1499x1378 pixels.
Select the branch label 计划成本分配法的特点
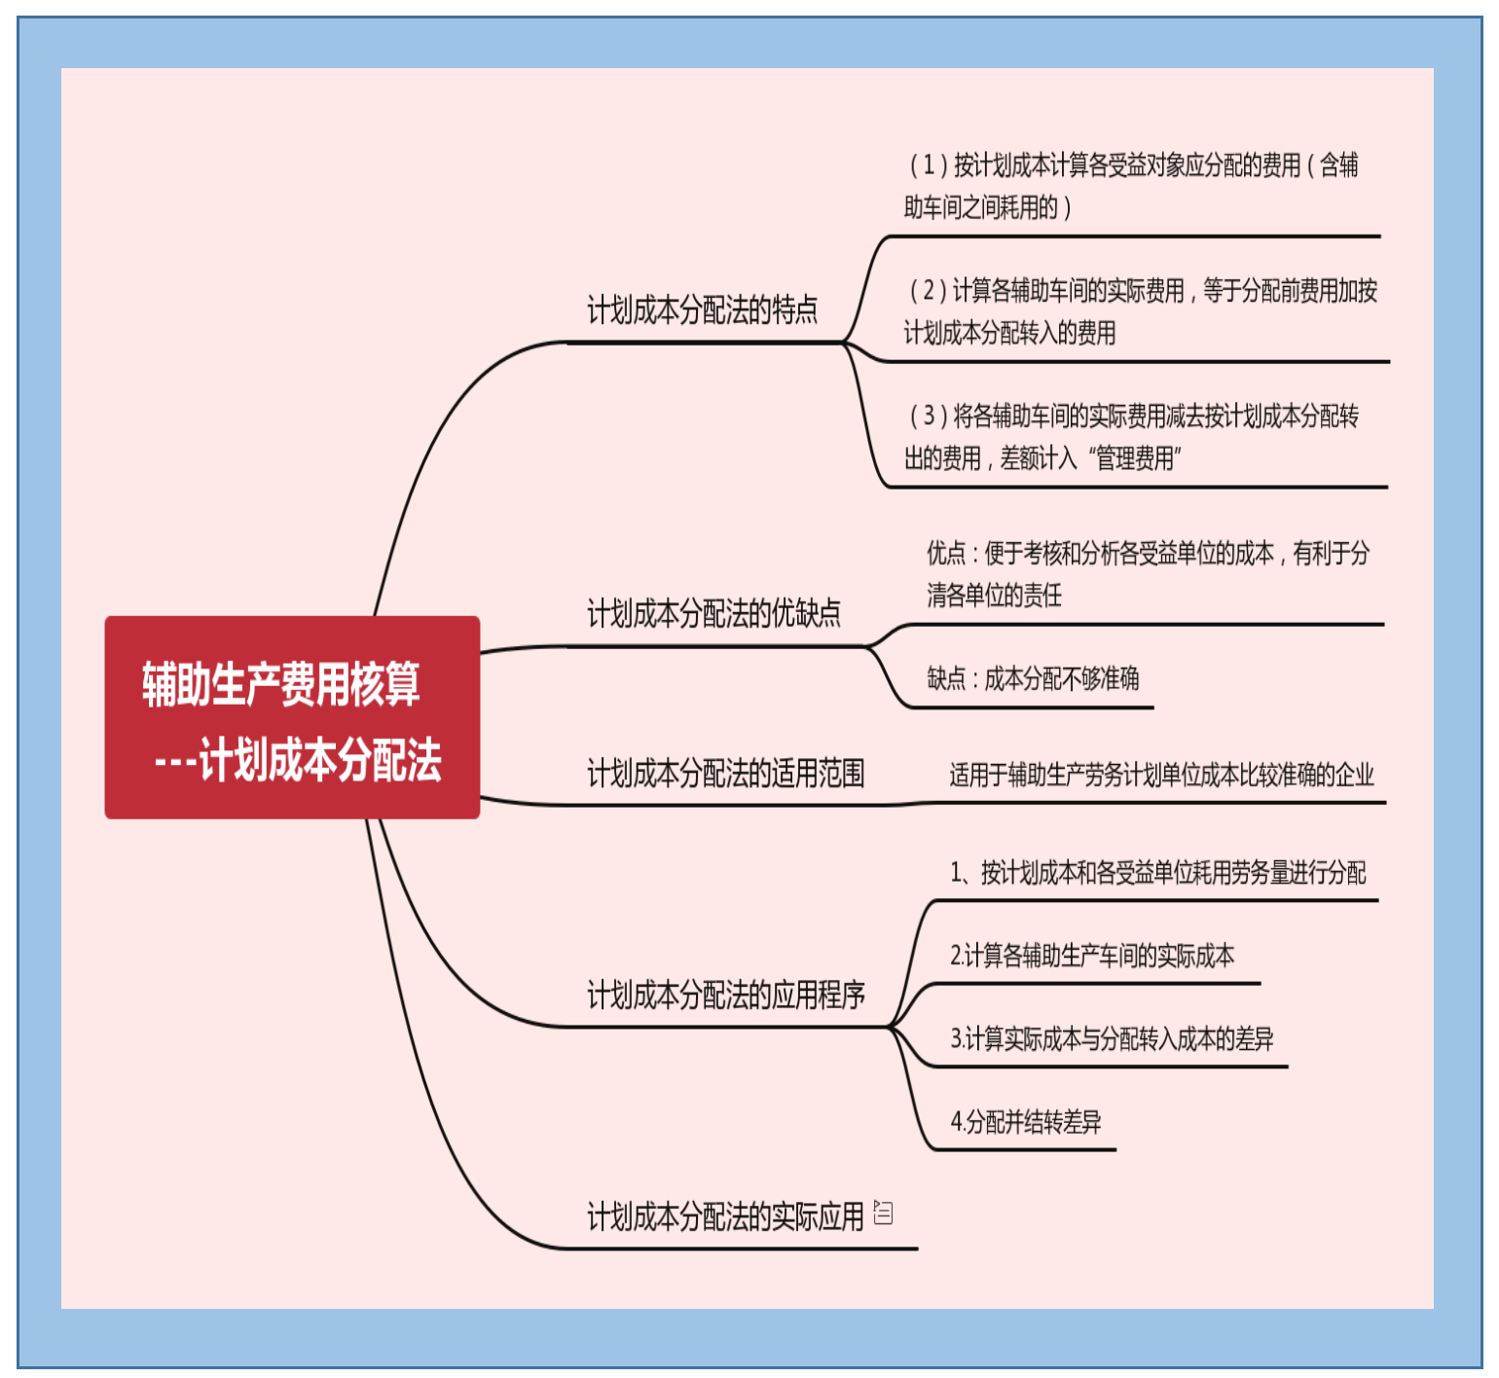pyautogui.click(x=702, y=310)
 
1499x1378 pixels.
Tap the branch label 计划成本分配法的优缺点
pyautogui.click(x=713, y=614)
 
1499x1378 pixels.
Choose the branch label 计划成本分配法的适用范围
pyautogui.click(x=725, y=774)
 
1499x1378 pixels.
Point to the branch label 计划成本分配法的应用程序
pyautogui.click(x=725, y=996)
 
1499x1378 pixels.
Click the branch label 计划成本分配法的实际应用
pyautogui.click(x=725, y=1216)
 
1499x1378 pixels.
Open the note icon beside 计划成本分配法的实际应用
pyautogui.click(x=883, y=1213)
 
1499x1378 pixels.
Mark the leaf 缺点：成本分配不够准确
pyautogui.click(x=1033, y=678)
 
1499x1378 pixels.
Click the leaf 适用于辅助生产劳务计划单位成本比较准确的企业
pyautogui.click(x=1161, y=776)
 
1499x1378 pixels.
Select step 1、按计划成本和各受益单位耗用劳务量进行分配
pyautogui.click(x=1157, y=873)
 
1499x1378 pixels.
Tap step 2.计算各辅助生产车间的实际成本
pyautogui.click(x=1092, y=956)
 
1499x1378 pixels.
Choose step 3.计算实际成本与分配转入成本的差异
pyautogui.click(x=1112, y=1039)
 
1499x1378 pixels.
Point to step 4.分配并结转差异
pyautogui.click(x=1026, y=1123)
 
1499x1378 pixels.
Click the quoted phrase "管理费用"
pyautogui.click(x=1134, y=458)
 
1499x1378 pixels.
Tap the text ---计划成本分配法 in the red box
pyautogui.click(x=298, y=760)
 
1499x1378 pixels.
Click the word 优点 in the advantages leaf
pyautogui.click(x=945, y=554)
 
